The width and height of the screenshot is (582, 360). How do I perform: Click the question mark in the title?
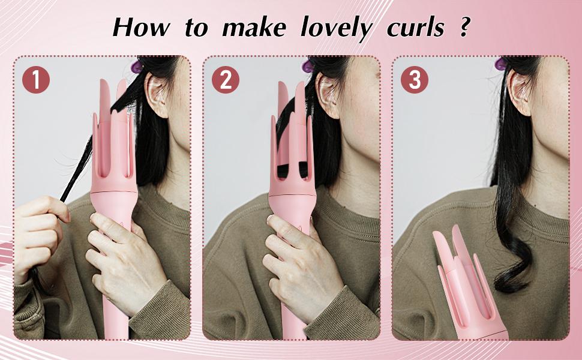[464, 27]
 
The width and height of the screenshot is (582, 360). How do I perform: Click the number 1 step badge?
[36, 80]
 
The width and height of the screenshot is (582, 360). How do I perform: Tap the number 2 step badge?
[226, 80]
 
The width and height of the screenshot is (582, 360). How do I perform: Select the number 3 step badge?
[415, 80]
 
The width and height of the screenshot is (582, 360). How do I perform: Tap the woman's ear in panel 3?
[518, 90]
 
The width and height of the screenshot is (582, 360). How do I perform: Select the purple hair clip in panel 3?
[500, 62]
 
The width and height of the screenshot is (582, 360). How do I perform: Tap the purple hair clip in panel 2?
[308, 65]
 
